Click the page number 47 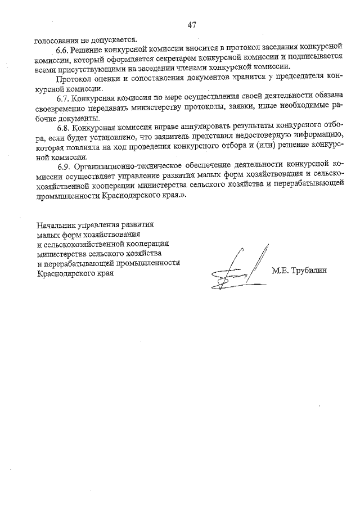[x=191, y=25]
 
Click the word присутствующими [x=85, y=70]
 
